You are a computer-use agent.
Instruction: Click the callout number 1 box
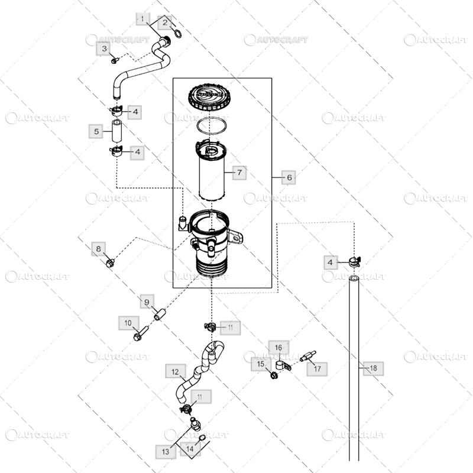(x=142, y=20)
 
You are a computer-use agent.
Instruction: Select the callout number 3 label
(x=105, y=48)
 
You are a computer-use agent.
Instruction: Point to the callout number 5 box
(x=96, y=131)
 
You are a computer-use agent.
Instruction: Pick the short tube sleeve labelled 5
(x=117, y=131)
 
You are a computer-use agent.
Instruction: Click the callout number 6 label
(x=289, y=177)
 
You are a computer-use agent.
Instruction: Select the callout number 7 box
(x=239, y=173)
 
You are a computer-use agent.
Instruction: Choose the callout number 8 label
(x=99, y=249)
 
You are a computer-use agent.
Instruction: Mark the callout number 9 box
(x=147, y=303)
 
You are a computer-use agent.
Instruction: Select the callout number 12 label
(x=174, y=372)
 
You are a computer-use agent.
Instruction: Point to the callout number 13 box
(x=166, y=452)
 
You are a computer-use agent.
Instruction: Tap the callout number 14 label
(x=190, y=449)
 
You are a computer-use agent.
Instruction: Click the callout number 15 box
(x=260, y=365)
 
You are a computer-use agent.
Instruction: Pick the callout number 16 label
(x=278, y=347)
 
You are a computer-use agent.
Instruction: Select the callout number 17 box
(x=317, y=368)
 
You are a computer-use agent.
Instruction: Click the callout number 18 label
(x=372, y=368)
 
